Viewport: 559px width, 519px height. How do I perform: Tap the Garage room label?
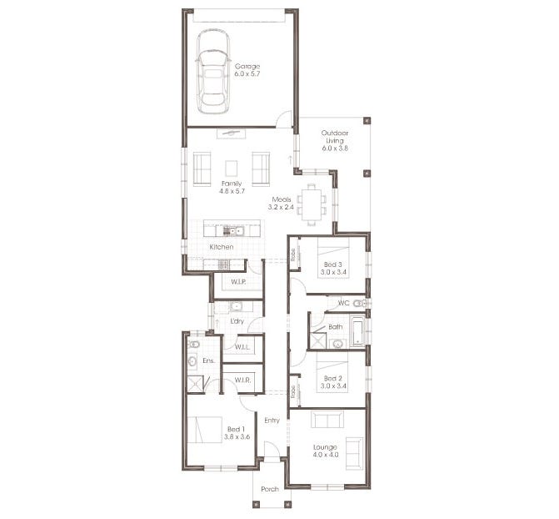click(x=247, y=66)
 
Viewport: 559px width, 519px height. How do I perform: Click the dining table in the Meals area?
click(x=312, y=204)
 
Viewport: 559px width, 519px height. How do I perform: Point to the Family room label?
click(x=231, y=183)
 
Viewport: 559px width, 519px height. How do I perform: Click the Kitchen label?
click(x=221, y=247)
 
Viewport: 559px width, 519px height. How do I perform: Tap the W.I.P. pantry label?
click(x=237, y=282)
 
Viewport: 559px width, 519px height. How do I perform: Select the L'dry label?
click(x=236, y=320)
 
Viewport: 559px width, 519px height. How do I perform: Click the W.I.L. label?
click(x=242, y=346)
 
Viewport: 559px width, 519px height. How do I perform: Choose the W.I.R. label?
click(x=242, y=380)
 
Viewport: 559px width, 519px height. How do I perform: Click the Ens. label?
click(x=208, y=360)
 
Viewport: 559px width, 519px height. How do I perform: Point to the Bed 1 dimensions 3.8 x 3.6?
click(x=237, y=436)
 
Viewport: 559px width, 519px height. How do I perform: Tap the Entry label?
click(x=272, y=420)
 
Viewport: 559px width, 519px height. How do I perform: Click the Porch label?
click(x=270, y=489)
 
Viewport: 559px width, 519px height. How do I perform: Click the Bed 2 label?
click(x=333, y=378)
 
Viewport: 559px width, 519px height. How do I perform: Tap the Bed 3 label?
click(x=333, y=264)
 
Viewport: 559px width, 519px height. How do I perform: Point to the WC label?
click(x=342, y=302)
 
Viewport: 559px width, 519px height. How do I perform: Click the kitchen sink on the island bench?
click(x=237, y=230)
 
